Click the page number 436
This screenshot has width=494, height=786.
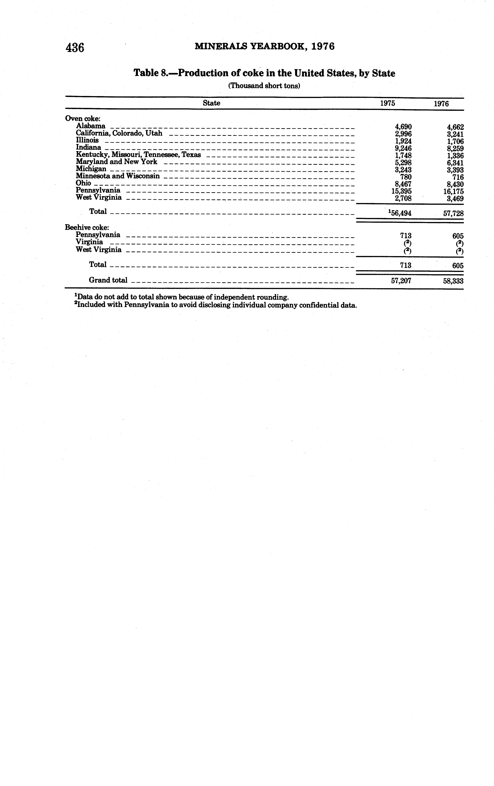[x=75, y=48]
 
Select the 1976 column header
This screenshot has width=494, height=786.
[x=441, y=104]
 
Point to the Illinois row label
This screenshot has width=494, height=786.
[x=87, y=140]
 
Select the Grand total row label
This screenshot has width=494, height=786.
[x=108, y=280]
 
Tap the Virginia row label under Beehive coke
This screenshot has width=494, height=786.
[x=89, y=242]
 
